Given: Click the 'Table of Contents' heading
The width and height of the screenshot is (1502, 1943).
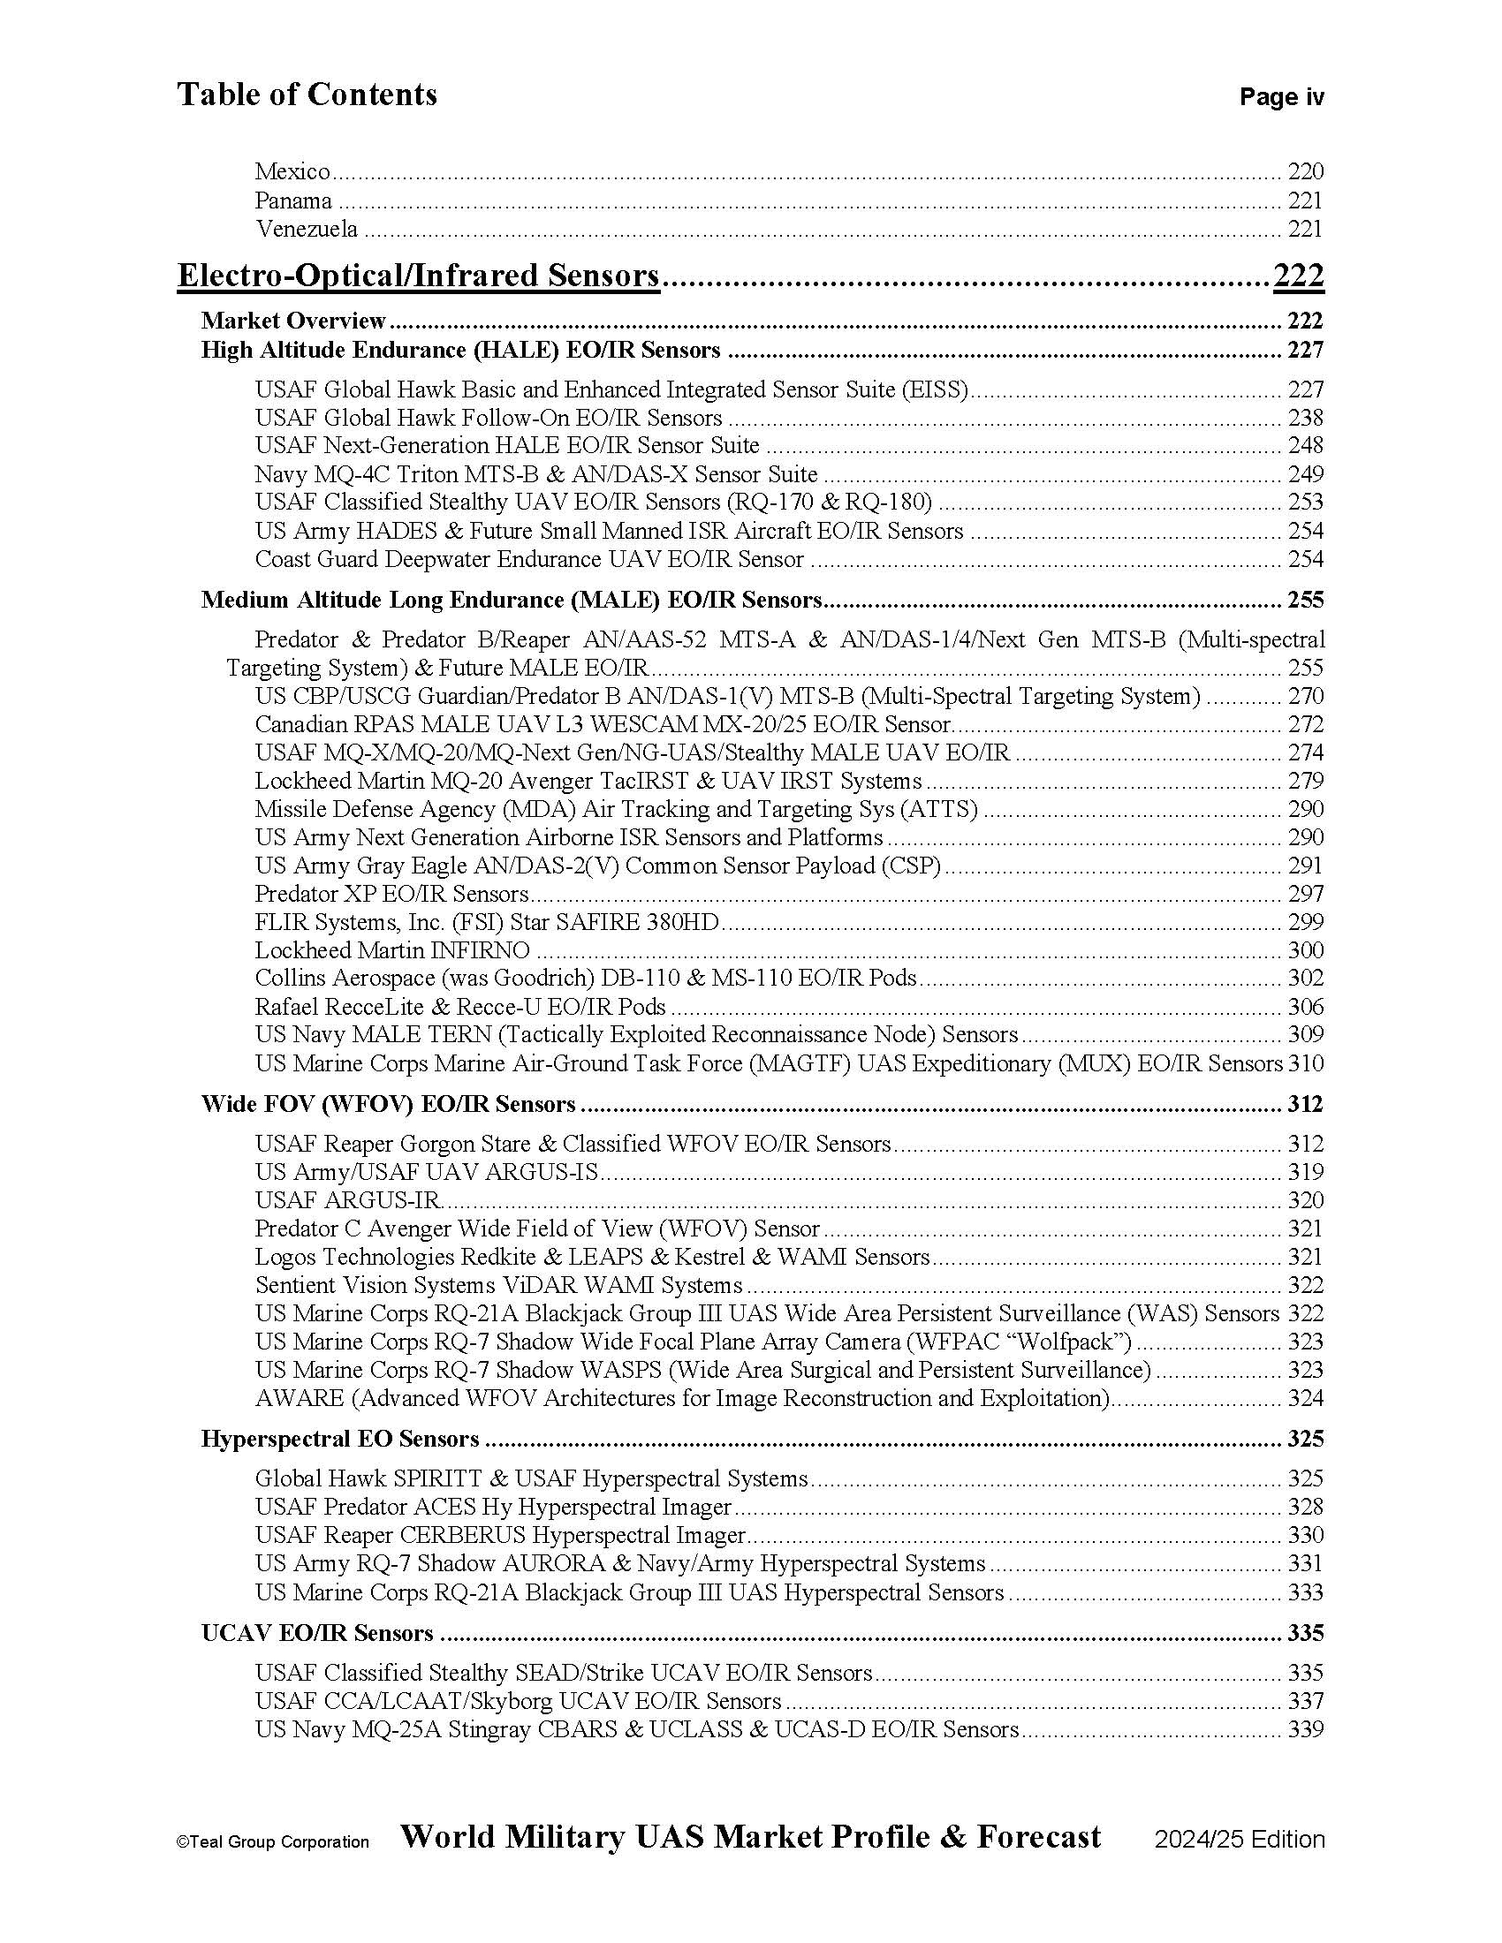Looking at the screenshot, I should (306, 95).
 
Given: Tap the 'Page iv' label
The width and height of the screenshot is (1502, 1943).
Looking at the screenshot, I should (1280, 97).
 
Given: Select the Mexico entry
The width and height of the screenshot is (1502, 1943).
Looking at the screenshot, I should (292, 170).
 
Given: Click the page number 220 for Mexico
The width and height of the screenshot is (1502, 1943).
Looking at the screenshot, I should (1304, 170).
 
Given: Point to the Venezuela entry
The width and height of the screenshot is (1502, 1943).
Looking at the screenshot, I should (307, 229).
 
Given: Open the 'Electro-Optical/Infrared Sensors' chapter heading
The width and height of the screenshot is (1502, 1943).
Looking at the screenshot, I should (418, 276).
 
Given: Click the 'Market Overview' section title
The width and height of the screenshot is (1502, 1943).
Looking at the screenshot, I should (292, 321).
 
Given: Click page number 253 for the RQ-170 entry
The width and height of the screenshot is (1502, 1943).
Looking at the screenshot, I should (1304, 502).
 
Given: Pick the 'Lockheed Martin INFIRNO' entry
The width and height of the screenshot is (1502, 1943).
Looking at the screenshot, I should (391, 950).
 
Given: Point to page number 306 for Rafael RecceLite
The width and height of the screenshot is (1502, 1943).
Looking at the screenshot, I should (1304, 1006).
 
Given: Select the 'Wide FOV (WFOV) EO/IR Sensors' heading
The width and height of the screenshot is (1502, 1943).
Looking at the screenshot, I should (388, 1104).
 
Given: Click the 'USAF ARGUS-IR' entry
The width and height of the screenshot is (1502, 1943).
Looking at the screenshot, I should (348, 1200).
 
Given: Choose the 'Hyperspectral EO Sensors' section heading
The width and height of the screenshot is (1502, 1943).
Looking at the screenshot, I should (340, 1439).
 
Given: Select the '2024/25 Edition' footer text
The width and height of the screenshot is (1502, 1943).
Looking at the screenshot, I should (1239, 1840).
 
